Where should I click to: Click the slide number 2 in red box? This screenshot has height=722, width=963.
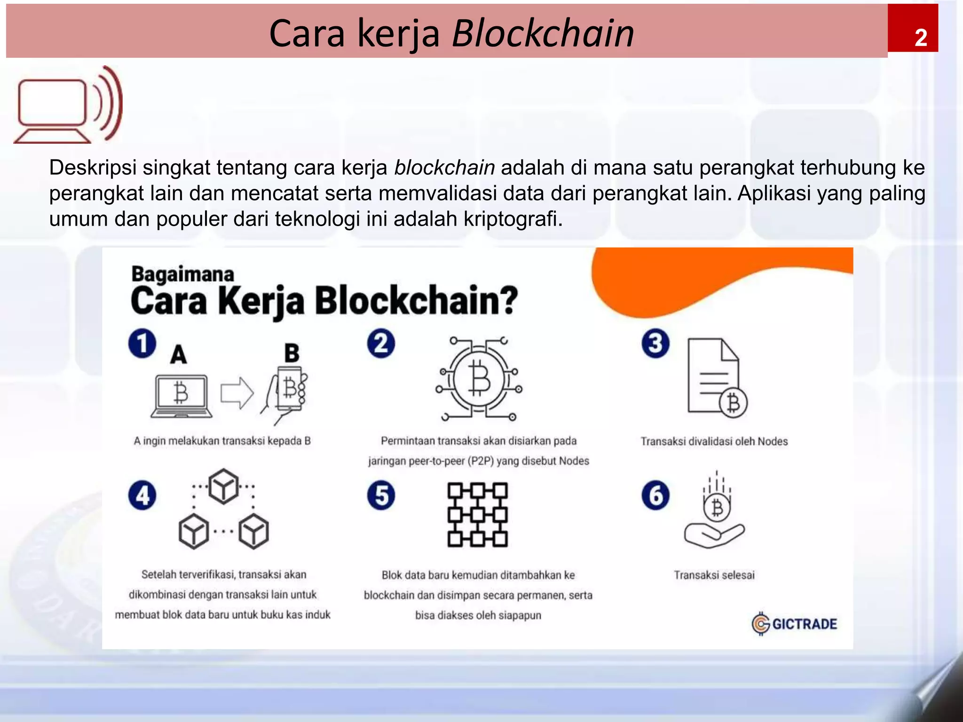click(920, 37)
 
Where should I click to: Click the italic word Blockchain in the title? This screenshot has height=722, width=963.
click(543, 33)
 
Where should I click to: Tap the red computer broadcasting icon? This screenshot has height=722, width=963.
click(69, 105)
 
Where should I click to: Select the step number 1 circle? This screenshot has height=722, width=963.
click(142, 344)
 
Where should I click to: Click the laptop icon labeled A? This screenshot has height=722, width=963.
click(182, 396)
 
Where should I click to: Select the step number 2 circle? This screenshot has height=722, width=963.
click(381, 344)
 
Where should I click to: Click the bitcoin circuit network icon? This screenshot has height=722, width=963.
click(479, 379)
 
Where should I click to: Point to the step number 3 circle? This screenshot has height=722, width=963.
click(655, 344)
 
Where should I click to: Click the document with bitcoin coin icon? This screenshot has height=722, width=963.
click(716, 378)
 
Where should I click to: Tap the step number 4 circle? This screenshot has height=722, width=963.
click(142, 495)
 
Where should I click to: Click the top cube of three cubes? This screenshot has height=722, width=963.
click(223, 486)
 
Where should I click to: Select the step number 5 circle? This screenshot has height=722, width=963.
click(381, 495)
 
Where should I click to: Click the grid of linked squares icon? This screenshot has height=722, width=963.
click(477, 515)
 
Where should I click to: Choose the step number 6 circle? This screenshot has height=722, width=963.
click(655, 495)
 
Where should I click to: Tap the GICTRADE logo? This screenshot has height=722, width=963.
click(794, 624)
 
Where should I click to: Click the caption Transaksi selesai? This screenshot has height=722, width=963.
click(714, 575)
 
